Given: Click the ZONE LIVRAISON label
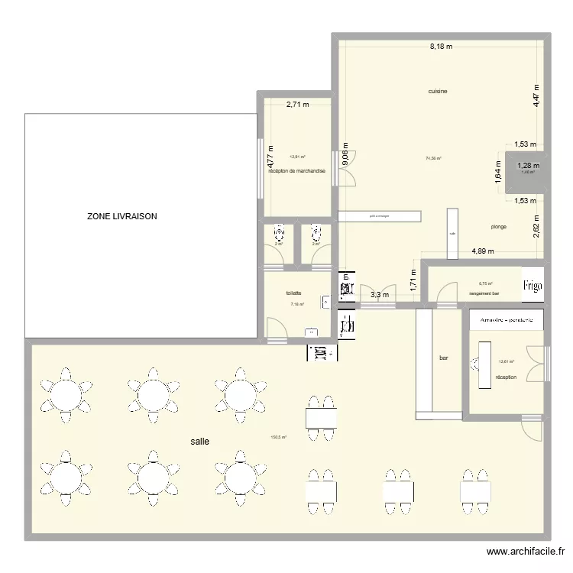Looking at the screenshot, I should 122,217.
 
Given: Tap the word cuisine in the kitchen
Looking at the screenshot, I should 437,91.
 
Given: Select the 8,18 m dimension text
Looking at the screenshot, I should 441,46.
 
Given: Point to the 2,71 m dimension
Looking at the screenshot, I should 297,105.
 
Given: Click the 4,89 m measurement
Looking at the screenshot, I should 483,251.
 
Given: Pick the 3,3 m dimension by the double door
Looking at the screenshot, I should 380,294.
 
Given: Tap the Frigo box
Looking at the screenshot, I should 533,286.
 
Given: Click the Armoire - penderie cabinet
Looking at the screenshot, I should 506,319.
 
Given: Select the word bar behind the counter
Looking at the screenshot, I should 444,357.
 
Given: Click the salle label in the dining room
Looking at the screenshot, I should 200,441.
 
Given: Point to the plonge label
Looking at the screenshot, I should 498,227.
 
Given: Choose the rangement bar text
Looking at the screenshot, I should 484,293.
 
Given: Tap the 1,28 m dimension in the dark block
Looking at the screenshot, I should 528,165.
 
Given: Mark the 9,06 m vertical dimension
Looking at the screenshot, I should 345,156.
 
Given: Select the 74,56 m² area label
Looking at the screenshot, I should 433,159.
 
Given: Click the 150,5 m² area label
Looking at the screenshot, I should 278,438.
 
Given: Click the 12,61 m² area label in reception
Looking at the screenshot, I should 506,362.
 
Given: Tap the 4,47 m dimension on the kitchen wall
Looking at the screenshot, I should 537,95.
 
